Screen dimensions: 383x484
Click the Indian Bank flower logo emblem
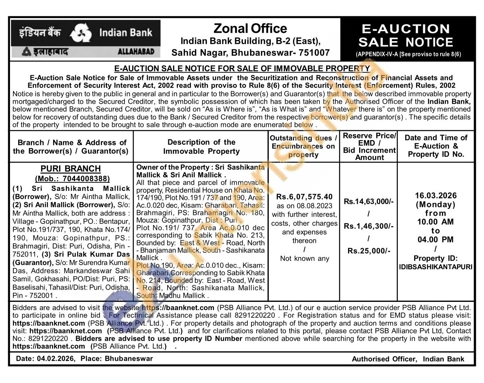[x=81, y=33]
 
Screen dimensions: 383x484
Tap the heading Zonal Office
[x=250, y=29]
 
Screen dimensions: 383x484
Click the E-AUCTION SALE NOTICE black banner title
[x=406, y=35]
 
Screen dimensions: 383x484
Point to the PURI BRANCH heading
[x=71, y=169]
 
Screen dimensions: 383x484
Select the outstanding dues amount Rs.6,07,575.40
[x=304, y=197]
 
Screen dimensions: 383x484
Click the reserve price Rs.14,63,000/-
[x=368, y=201]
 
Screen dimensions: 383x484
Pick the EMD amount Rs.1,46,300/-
[x=368, y=226]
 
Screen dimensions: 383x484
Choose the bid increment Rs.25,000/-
[x=368, y=251]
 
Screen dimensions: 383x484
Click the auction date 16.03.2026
[x=436, y=196]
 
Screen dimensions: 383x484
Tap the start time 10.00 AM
[x=436, y=222]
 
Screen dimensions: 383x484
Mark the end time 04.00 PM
[x=436, y=240]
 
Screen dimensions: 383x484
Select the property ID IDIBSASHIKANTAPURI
[x=436, y=267]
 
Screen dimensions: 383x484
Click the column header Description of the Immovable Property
[x=201, y=147]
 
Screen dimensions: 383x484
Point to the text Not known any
[x=305, y=258]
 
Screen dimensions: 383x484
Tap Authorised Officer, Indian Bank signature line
[x=408, y=359]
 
